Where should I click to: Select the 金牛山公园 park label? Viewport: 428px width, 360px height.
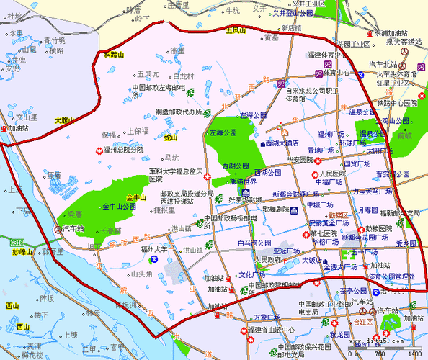coord(119,207)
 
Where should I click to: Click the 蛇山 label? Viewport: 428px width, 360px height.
coord(171,137)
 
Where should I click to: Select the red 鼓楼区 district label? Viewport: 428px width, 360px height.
coord(338,215)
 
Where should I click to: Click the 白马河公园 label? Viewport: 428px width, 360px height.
coord(254,243)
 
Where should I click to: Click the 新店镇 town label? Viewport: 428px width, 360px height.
coord(292,28)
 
